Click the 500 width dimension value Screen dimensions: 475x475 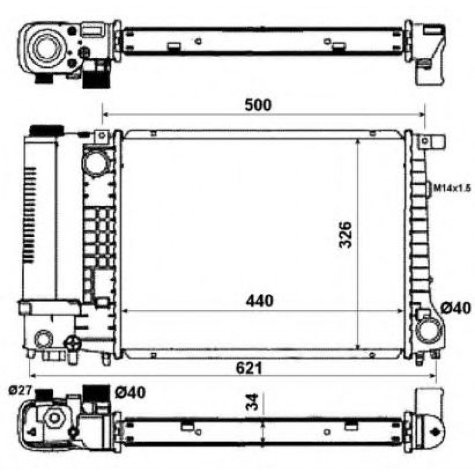pos(258,105)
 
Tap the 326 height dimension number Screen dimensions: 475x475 pos(347,234)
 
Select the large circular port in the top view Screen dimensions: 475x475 pos(45,48)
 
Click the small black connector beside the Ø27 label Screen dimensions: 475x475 pos(45,392)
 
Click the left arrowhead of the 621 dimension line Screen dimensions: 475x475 pos(32,376)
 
